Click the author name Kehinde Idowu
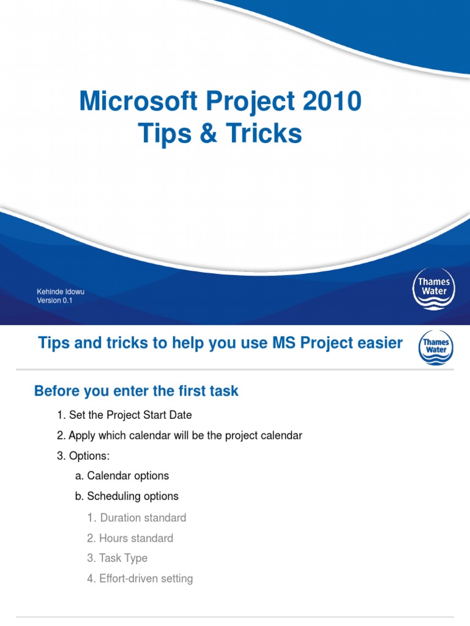(61, 292)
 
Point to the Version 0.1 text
(54, 300)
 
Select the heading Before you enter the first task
(136, 391)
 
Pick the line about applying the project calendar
(179, 436)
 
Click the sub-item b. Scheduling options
(127, 496)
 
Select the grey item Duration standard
(136, 518)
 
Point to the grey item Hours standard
(130, 538)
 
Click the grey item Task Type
(117, 558)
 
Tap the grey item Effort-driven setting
(140, 578)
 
